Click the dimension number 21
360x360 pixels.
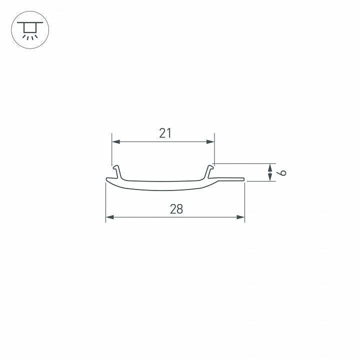point(165,133)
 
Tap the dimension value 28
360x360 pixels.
point(176,209)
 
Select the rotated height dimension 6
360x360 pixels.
point(282,173)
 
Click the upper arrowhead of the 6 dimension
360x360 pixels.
point(270,166)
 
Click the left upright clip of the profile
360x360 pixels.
point(116,171)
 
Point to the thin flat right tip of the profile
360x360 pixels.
point(235,178)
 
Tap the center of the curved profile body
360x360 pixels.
point(165,185)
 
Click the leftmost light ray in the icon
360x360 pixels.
point(23,37)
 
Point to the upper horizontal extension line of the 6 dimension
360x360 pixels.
point(245,163)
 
